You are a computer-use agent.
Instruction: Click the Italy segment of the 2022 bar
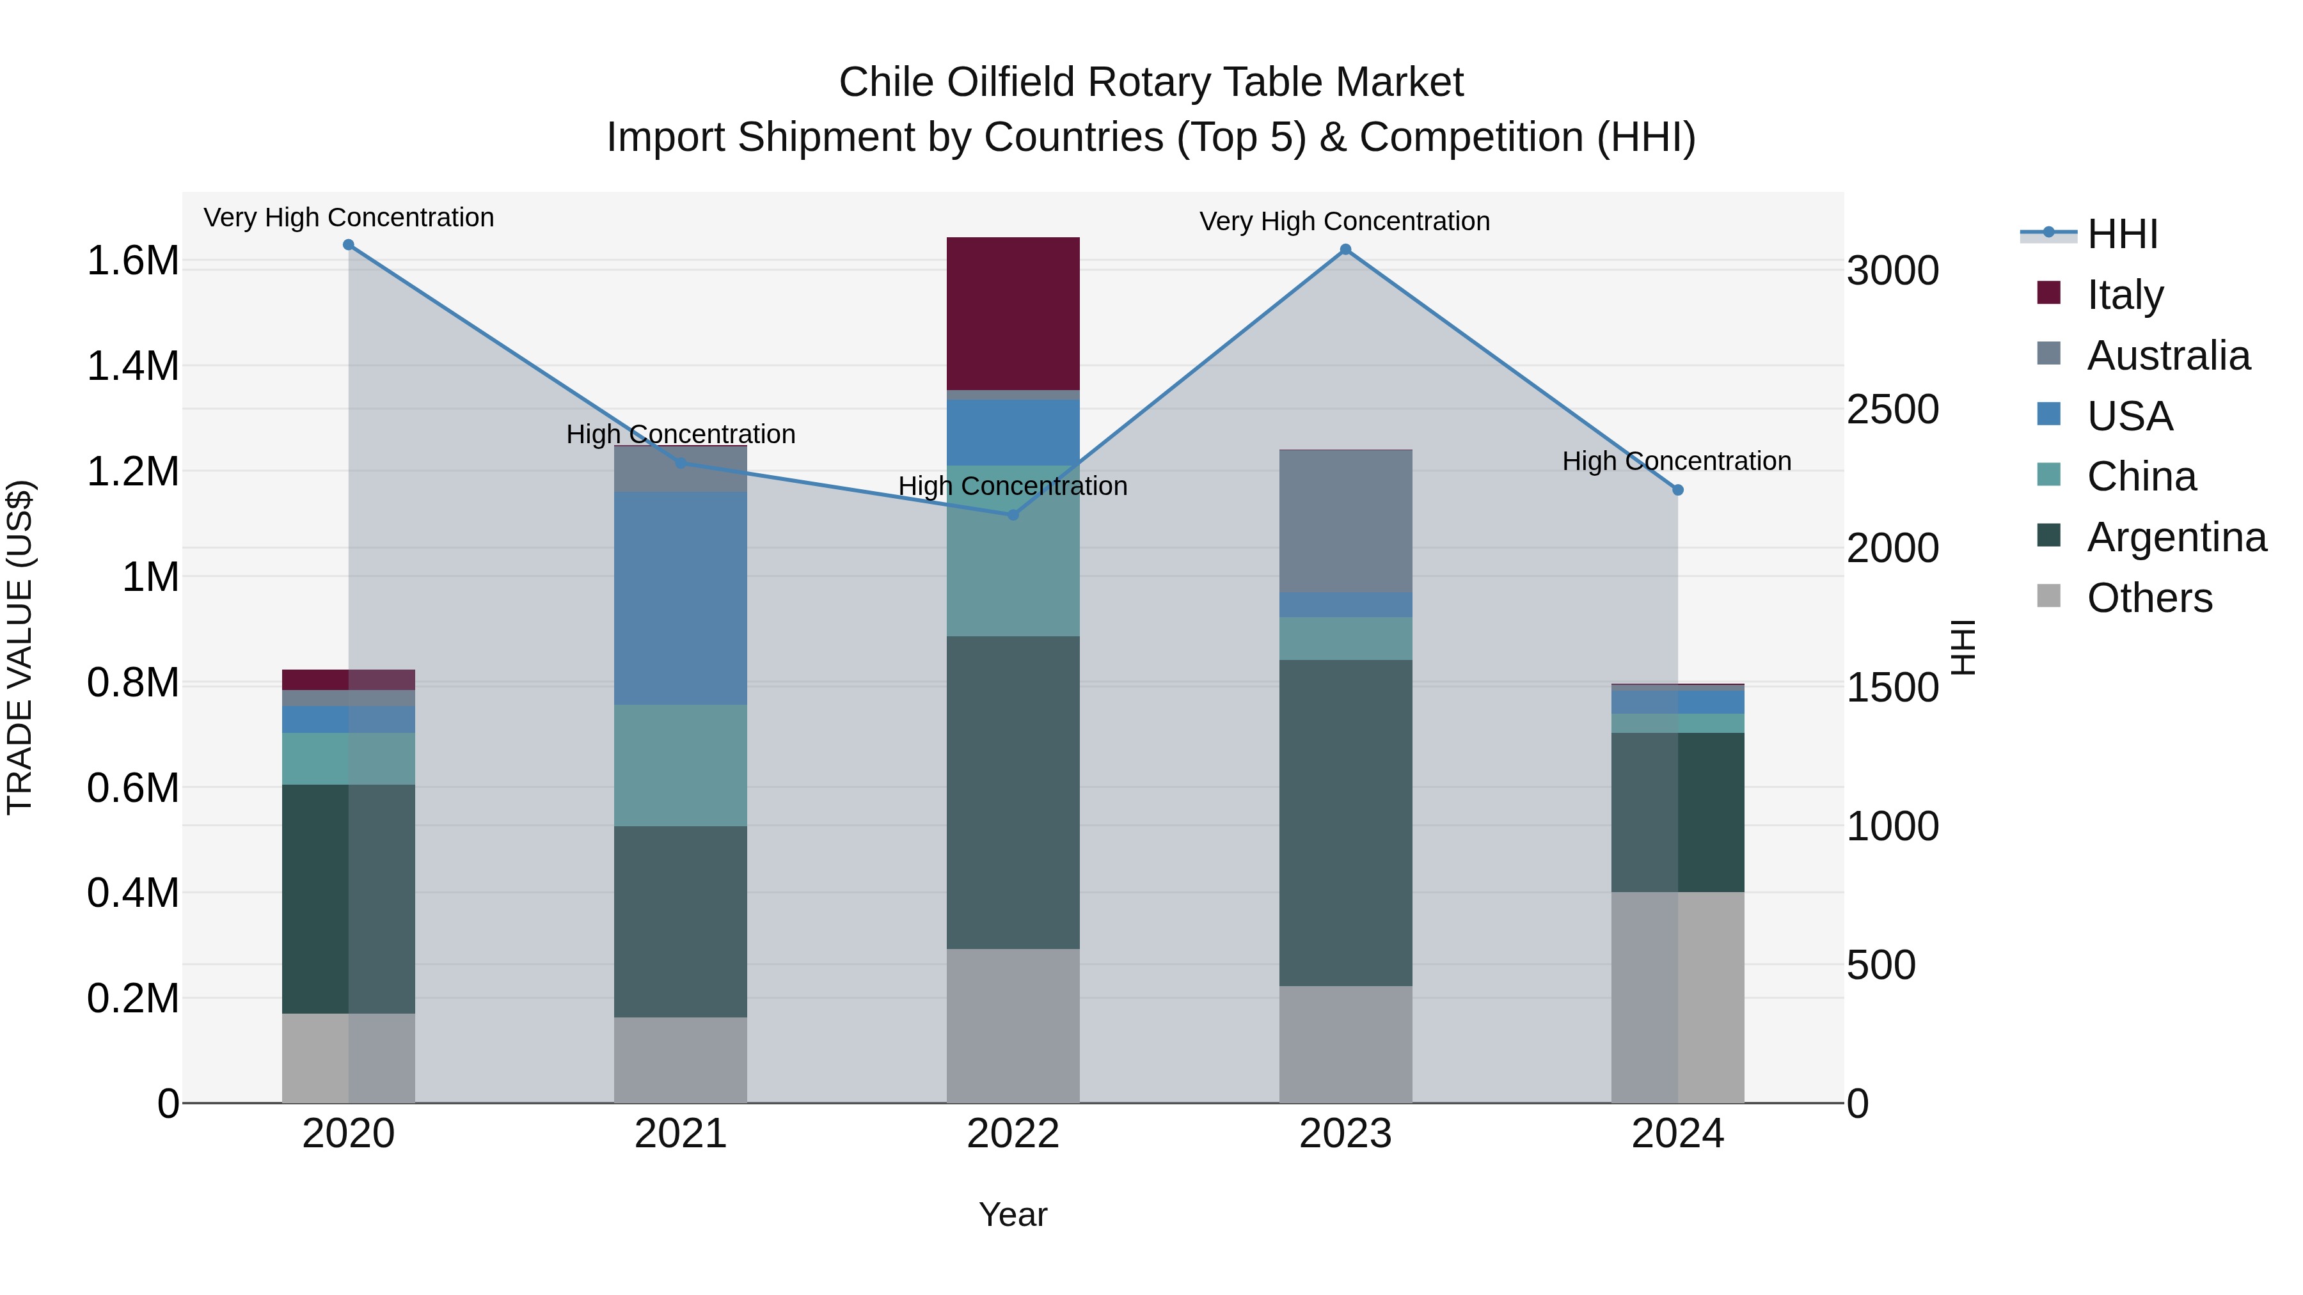point(1013,313)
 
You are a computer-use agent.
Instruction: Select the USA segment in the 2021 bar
point(681,597)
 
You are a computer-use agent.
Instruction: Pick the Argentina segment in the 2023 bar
point(1345,822)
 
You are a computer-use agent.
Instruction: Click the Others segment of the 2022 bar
point(1013,1025)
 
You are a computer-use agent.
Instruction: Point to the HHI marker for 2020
point(349,245)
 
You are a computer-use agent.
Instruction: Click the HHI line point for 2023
point(1345,250)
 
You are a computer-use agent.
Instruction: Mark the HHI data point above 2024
point(1677,490)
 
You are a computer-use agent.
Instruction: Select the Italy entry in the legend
point(2125,294)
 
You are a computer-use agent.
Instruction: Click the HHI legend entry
point(2121,234)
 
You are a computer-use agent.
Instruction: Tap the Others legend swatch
point(2048,596)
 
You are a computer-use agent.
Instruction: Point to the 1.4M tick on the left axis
point(132,366)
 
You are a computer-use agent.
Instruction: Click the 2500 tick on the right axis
point(1892,409)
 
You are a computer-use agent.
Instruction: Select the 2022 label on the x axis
point(1013,1134)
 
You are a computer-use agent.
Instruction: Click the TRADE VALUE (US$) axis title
point(20,647)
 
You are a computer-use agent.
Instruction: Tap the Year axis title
point(1013,1214)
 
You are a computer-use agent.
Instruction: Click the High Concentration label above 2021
point(681,434)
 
